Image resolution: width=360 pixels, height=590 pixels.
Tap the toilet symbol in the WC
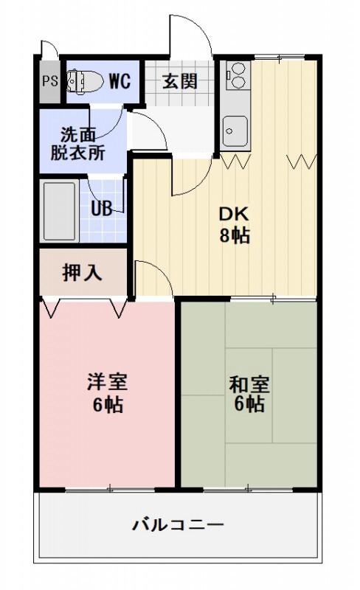82,80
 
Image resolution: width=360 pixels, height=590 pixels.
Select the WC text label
120,80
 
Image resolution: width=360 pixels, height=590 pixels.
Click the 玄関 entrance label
180,80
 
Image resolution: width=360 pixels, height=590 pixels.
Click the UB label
102,208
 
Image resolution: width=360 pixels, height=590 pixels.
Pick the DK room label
235,215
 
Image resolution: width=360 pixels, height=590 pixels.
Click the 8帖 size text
235,236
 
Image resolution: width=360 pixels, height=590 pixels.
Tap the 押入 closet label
82,272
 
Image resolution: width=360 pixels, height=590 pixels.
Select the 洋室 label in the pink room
108,383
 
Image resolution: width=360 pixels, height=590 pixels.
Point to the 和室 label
249,384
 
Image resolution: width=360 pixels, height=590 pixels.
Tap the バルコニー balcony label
178,526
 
